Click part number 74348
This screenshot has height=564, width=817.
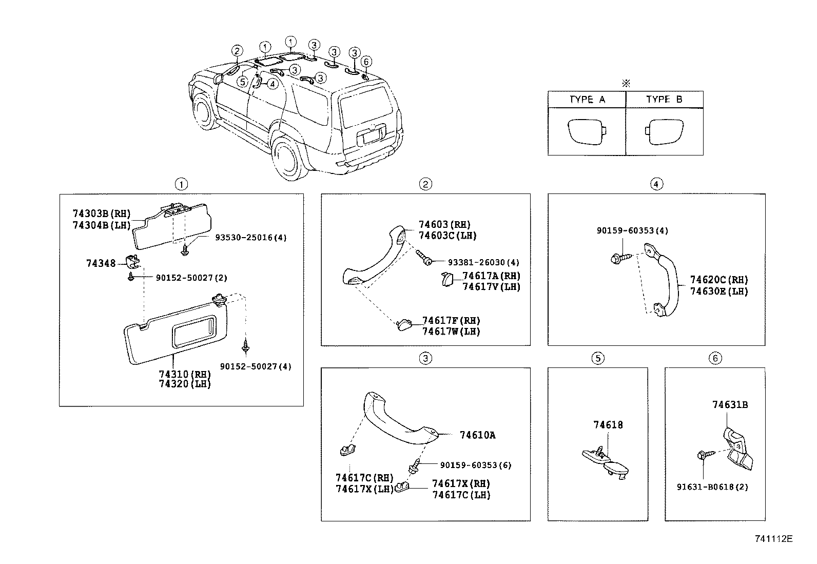(x=101, y=263)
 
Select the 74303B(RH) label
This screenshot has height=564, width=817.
(x=102, y=214)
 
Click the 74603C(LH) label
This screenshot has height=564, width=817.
(x=448, y=236)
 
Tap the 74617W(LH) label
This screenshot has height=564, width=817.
(x=451, y=332)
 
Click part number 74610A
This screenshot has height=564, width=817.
(x=477, y=435)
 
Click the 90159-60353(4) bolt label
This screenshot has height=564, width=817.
(x=632, y=231)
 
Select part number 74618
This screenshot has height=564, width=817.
(x=608, y=425)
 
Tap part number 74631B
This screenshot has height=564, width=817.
(x=730, y=405)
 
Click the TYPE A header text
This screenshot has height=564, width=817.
(x=587, y=100)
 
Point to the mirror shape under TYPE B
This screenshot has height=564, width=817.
(x=666, y=132)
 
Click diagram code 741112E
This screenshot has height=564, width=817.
(x=774, y=539)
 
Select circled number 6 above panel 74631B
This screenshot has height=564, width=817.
(x=715, y=358)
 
